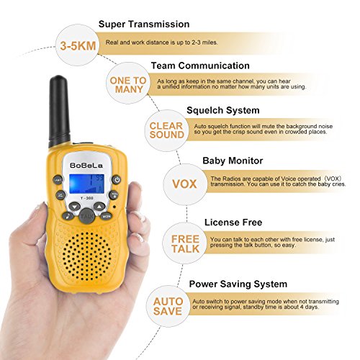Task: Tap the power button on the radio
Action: [x=117, y=179]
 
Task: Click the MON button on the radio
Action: [x=106, y=216]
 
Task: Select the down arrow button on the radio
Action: [x=75, y=206]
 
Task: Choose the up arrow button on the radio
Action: [x=99, y=206]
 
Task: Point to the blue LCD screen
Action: [x=86, y=184]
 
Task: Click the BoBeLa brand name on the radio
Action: [x=86, y=166]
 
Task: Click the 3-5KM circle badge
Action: [x=78, y=45]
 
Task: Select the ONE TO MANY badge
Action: [x=128, y=84]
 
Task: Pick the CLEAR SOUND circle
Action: [x=166, y=130]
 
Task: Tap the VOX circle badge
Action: [x=184, y=184]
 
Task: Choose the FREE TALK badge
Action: [x=184, y=243]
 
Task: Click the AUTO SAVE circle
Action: [x=168, y=306]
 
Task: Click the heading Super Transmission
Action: [x=144, y=24]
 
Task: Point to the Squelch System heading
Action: [x=223, y=110]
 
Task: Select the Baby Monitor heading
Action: [x=233, y=161]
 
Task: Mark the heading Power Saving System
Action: [x=238, y=284]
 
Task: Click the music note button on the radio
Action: [x=68, y=216]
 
